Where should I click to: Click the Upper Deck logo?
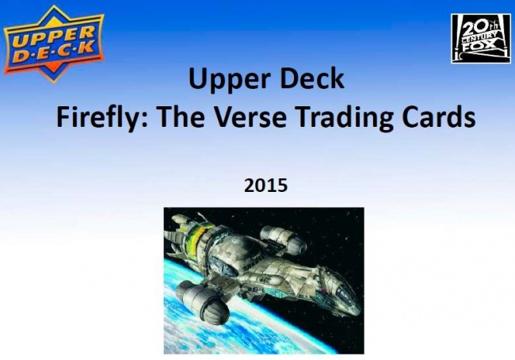point(54,44)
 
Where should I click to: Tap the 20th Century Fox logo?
point(481,39)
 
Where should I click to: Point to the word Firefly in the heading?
point(97,118)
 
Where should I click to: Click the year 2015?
point(265,186)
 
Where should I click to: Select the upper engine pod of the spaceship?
point(283,239)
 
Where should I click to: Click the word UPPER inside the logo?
point(53,36)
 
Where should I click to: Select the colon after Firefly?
point(143,121)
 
